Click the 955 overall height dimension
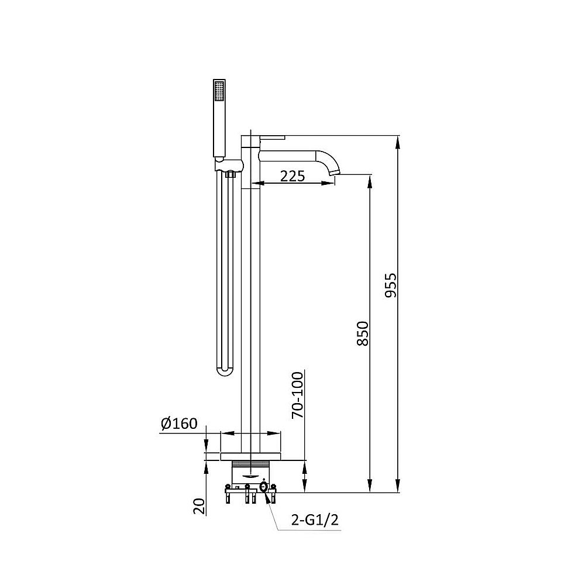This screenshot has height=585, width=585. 391,285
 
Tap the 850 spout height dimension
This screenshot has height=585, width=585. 363,333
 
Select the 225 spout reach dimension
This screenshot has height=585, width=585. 292,175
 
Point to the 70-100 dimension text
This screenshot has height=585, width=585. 298,395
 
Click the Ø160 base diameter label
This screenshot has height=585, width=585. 179,424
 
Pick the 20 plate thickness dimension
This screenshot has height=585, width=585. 200,506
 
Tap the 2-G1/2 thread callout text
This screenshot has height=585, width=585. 315,519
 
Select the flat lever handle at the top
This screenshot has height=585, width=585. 273,137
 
